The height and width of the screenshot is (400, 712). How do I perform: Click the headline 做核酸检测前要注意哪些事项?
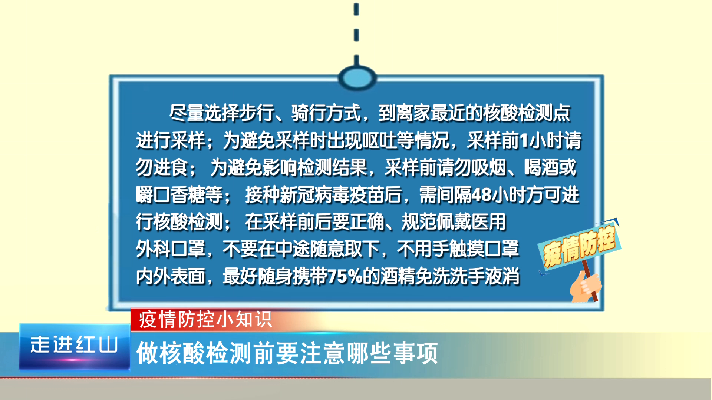click(287, 353)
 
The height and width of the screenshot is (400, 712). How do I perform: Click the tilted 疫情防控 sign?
click(579, 246)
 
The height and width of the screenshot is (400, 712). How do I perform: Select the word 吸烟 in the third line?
click(489, 167)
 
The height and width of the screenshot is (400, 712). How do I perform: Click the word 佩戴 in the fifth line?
click(454, 222)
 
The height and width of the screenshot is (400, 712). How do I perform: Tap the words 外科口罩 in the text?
click(171, 249)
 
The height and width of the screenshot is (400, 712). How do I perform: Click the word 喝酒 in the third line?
click(541, 167)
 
